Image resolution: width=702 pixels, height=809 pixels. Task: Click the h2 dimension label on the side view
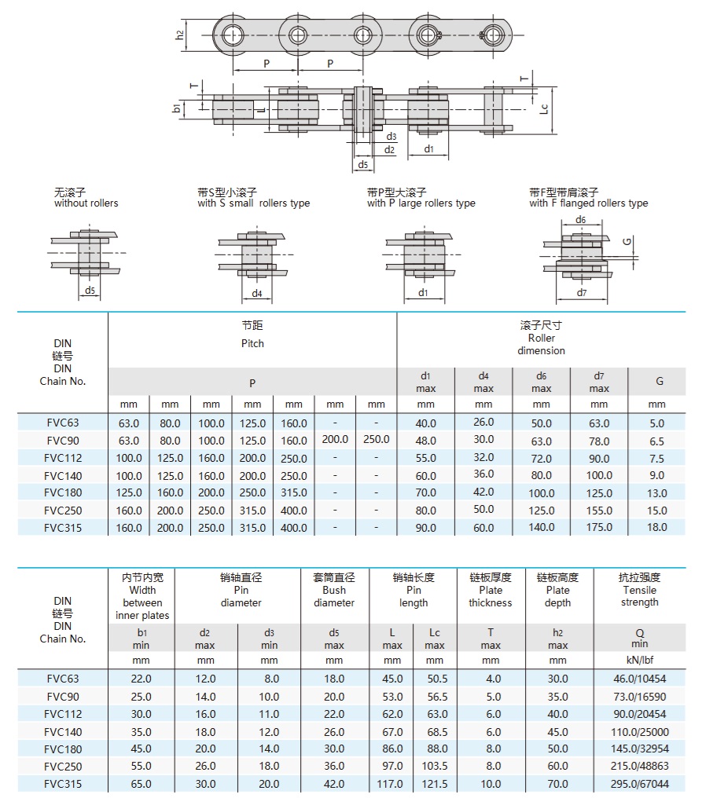(x=179, y=35)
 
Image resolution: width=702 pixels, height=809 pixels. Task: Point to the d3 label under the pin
(x=391, y=136)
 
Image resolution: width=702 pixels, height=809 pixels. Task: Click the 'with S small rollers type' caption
(x=253, y=203)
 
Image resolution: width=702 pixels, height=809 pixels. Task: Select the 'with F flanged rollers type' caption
(x=589, y=203)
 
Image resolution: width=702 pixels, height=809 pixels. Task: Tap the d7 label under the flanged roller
(x=581, y=293)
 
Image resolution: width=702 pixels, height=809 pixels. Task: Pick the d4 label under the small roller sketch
(x=257, y=294)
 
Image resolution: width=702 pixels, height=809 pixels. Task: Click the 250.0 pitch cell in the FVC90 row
(x=377, y=440)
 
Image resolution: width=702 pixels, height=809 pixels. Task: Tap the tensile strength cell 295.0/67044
(x=640, y=784)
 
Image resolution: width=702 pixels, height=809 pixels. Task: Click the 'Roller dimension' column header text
(x=541, y=344)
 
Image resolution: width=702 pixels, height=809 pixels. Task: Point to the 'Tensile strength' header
(x=639, y=596)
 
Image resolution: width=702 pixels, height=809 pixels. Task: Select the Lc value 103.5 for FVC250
(x=435, y=767)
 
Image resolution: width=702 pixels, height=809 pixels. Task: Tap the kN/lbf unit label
(x=640, y=660)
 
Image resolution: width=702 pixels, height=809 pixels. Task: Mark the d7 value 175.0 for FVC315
(x=599, y=528)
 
